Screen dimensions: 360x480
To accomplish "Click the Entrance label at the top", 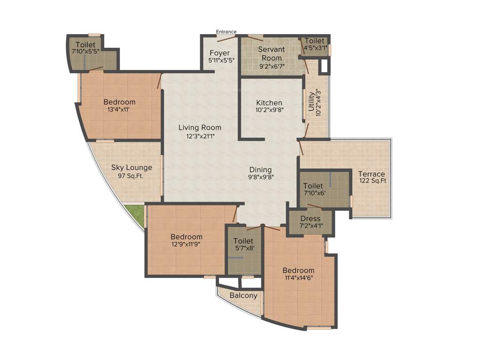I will coord(226,32).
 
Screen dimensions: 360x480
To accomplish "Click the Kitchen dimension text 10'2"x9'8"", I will coord(270,110).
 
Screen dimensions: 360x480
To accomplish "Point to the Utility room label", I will coord(311,102).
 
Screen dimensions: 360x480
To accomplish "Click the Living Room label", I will coord(200,127).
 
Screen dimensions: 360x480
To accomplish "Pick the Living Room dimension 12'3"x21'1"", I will coord(200,136).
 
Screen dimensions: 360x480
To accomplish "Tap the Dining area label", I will coord(260,170).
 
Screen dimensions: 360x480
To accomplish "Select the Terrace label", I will coord(372,174).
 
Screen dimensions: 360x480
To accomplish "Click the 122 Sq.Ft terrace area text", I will coord(372,181).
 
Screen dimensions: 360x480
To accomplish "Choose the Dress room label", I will coord(310,218).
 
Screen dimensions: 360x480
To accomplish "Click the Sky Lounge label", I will coord(132,167).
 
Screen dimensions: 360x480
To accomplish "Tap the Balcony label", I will coord(243,295).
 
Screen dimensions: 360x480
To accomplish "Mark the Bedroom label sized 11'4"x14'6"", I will coord(298,270).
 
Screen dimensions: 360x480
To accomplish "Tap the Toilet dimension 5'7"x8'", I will coord(243,248).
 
